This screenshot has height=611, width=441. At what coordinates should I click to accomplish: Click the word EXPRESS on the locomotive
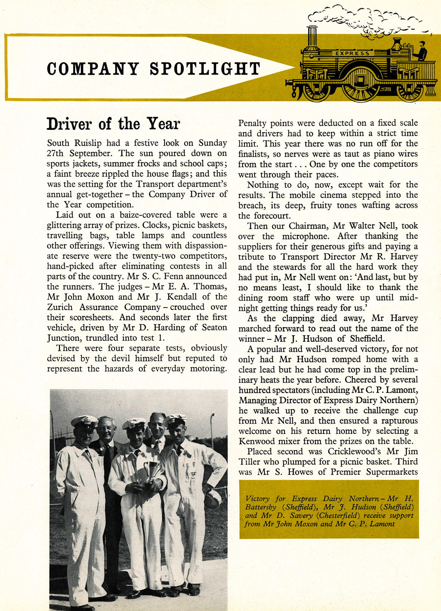(x=352, y=53)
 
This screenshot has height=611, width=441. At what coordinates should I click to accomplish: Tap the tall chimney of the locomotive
(x=312, y=37)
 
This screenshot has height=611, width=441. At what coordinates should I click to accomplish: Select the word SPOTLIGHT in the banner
(x=205, y=69)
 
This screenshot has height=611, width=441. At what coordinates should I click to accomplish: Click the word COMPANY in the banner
(x=93, y=69)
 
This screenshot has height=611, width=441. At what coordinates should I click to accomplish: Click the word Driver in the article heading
(x=69, y=124)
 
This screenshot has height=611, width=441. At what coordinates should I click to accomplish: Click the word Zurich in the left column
(x=60, y=307)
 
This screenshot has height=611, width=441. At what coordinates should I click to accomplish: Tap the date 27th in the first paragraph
(x=55, y=153)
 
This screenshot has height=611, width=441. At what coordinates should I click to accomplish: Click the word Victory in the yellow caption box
(x=257, y=499)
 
